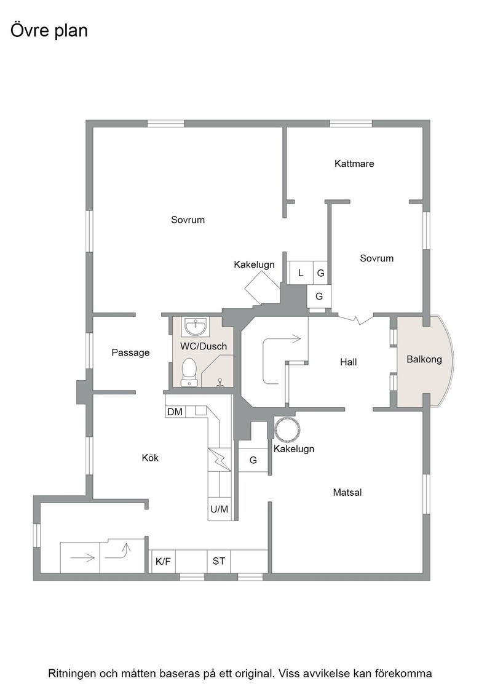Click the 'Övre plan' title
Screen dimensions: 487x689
(x=49, y=31)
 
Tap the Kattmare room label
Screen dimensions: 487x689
(x=354, y=164)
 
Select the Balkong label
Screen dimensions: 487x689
(x=424, y=359)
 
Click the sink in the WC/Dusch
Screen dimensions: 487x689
(x=196, y=326)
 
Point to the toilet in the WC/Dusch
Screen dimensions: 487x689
(x=189, y=372)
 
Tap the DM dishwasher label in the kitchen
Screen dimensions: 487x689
(x=175, y=412)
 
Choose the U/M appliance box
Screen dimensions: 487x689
(x=219, y=509)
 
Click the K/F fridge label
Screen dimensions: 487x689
(x=163, y=562)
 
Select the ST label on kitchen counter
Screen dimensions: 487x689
(x=219, y=561)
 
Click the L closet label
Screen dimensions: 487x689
(x=301, y=273)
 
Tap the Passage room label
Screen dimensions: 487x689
(x=130, y=353)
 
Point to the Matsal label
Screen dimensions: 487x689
(x=347, y=493)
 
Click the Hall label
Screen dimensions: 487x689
(x=348, y=362)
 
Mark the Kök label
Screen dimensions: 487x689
(x=150, y=458)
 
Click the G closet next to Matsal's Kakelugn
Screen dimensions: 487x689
(x=253, y=460)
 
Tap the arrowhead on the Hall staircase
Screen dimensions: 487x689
(x=296, y=339)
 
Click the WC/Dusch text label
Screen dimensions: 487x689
(x=204, y=346)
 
